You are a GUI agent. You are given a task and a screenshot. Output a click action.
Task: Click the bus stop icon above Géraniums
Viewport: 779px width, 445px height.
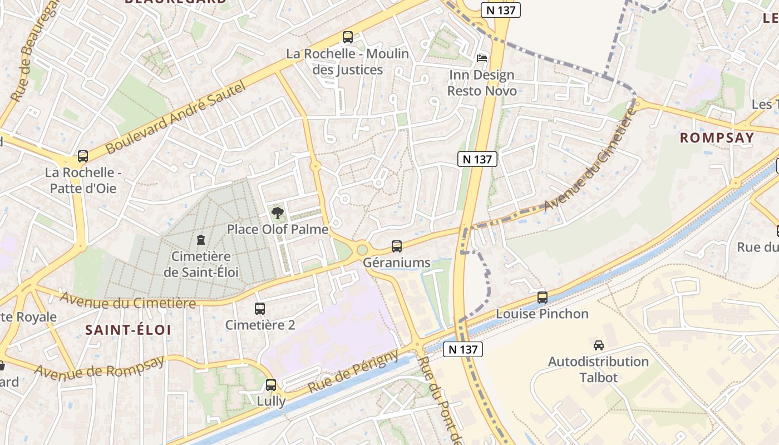pyautogui.click(x=397, y=246)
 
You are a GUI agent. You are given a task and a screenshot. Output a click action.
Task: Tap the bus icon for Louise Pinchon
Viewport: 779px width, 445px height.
pyautogui.click(x=543, y=297)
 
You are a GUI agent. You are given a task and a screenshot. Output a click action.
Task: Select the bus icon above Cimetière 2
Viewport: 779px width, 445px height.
pyautogui.click(x=260, y=309)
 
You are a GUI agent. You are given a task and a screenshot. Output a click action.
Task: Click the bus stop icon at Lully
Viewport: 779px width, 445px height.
pyautogui.click(x=271, y=384)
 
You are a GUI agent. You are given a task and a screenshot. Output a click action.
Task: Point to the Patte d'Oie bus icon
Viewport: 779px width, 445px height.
pyautogui.click(x=83, y=156)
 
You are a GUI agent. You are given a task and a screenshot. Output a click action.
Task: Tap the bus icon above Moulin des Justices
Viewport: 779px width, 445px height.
pyautogui.click(x=348, y=37)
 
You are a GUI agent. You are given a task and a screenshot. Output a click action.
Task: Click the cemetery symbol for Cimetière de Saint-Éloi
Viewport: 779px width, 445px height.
pyautogui.click(x=200, y=240)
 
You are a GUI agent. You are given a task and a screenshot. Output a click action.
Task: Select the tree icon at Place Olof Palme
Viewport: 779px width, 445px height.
pyautogui.click(x=277, y=212)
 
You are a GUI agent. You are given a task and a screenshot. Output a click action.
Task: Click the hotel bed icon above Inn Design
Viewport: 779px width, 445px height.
pyautogui.click(x=482, y=58)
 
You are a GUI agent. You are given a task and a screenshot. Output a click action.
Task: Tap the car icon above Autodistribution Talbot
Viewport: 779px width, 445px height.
pyautogui.click(x=599, y=345)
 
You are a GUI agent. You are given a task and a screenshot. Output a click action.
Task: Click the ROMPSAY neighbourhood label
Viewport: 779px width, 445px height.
pyautogui.click(x=717, y=138)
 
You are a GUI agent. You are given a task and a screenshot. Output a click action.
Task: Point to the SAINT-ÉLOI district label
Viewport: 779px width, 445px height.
pyautogui.click(x=128, y=330)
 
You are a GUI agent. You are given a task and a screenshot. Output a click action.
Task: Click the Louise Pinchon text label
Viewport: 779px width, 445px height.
pyautogui.click(x=542, y=314)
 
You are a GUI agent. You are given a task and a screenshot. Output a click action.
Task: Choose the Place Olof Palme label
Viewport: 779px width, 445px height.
pyautogui.click(x=277, y=229)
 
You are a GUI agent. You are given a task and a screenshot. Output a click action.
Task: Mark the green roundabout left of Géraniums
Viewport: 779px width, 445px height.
pyautogui.click(x=362, y=249)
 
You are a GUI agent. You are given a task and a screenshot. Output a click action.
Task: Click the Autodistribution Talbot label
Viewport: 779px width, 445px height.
pyautogui.click(x=598, y=369)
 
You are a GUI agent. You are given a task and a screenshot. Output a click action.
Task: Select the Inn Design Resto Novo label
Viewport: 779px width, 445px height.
pyautogui.click(x=482, y=82)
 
